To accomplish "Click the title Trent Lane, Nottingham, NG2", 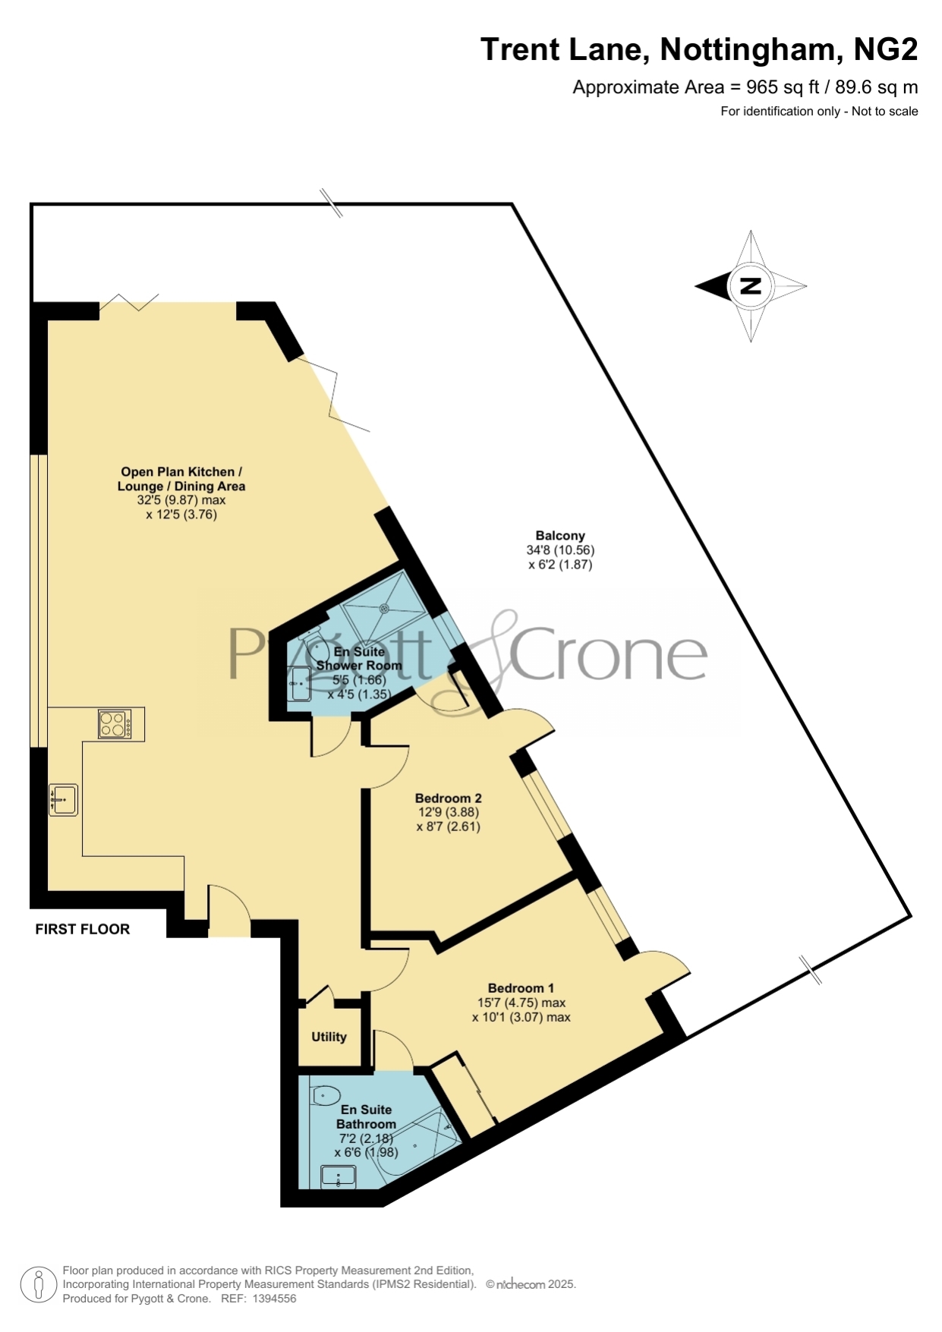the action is tap(699, 49).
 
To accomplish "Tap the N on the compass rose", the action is tap(751, 286).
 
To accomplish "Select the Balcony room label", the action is tap(560, 535).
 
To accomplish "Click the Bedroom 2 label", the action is tap(448, 798).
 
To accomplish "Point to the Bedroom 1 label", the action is tap(521, 987).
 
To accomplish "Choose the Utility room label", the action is tap(329, 1037).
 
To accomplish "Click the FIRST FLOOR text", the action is tap(83, 929).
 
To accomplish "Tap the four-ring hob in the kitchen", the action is tap(115, 723).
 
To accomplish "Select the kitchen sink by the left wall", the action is tap(64, 799).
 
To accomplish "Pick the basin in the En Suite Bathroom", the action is tap(339, 1176).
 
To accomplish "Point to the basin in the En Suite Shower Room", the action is tap(300, 684).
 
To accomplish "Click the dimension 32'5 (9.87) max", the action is tap(181, 500).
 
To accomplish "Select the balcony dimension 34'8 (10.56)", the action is tap(560, 549).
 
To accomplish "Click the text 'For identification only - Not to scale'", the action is tap(819, 112).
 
